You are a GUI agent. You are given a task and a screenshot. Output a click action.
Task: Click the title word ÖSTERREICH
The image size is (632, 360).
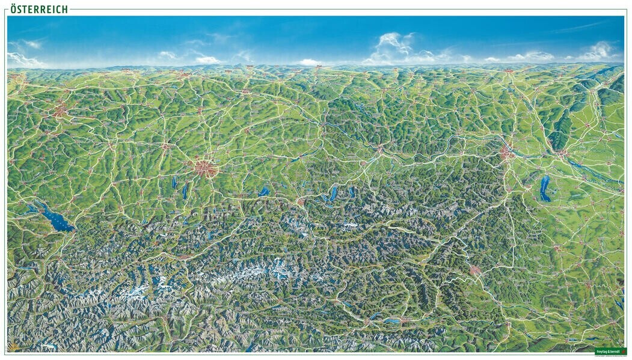coord(38,9)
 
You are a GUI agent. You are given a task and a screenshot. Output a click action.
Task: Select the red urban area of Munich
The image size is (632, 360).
coord(205,168)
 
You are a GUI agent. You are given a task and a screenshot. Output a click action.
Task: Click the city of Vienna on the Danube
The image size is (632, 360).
coord(507,153)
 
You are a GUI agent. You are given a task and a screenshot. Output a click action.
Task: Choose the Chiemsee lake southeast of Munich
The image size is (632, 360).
coord(264,192)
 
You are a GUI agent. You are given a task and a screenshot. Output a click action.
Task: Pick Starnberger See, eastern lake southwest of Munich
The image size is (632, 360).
coord(185,191)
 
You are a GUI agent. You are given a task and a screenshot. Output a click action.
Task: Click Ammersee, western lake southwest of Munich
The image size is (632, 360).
coord(174,182)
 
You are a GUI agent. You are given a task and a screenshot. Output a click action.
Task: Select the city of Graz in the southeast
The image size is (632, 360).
coord(475,270)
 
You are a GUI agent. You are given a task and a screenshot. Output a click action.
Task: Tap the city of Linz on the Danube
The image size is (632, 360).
coord(379,148)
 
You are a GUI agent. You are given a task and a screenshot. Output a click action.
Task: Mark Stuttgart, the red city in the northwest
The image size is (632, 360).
coord(60,111)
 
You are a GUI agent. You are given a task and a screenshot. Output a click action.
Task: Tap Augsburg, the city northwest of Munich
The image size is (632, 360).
coord(165,146)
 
